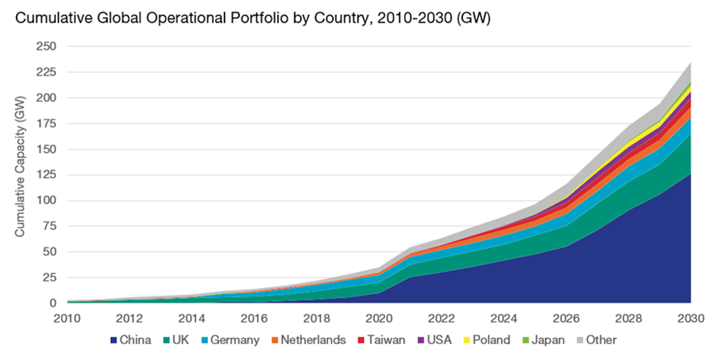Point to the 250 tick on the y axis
coord(46,47)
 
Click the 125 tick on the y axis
coord(46,175)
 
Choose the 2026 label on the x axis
coord(566,318)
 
